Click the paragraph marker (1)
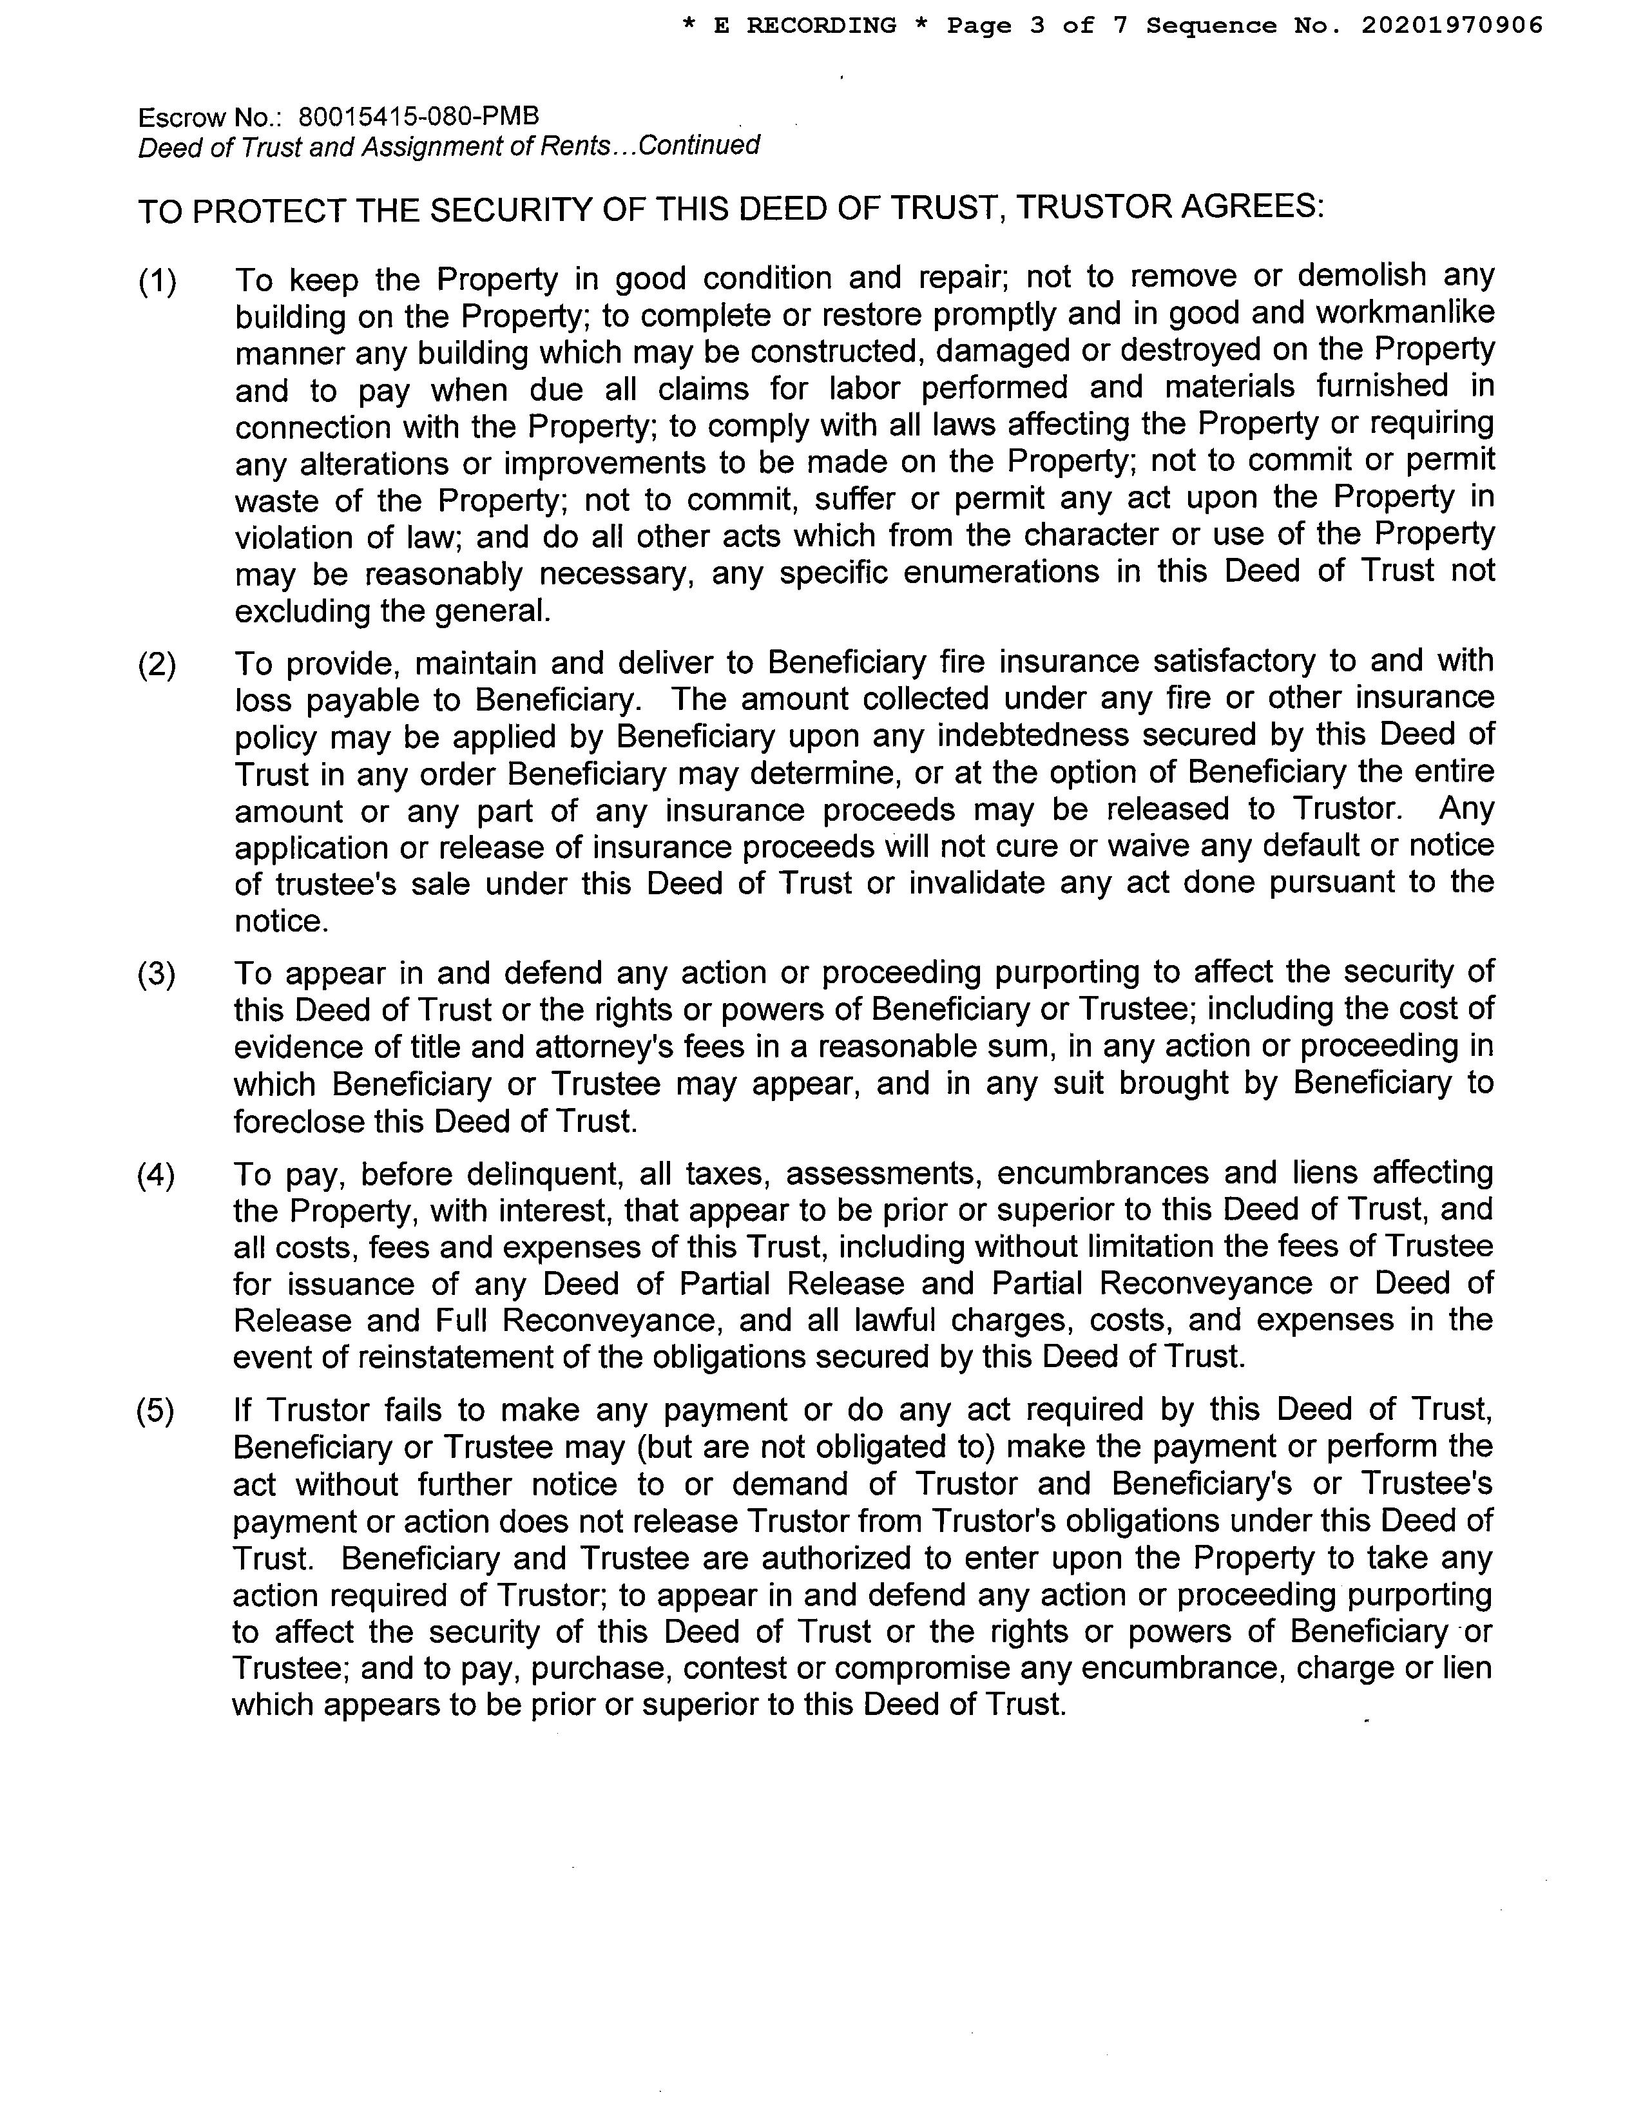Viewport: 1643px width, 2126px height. pos(157,282)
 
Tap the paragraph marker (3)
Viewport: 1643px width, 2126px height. pos(157,974)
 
